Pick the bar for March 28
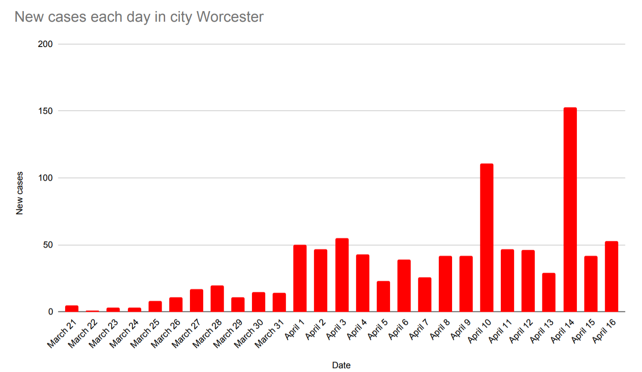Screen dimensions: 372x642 click(x=217, y=298)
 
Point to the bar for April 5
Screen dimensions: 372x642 click(x=383, y=296)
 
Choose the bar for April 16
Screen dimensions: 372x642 click(x=611, y=276)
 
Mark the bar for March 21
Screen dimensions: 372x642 click(x=72, y=308)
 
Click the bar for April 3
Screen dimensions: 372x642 click(x=341, y=275)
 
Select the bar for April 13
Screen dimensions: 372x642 click(x=549, y=292)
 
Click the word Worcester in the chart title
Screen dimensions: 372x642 click(x=230, y=17)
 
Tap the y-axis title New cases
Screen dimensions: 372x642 click(x=19, y=194)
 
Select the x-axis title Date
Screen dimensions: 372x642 click(x=341, y=365)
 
